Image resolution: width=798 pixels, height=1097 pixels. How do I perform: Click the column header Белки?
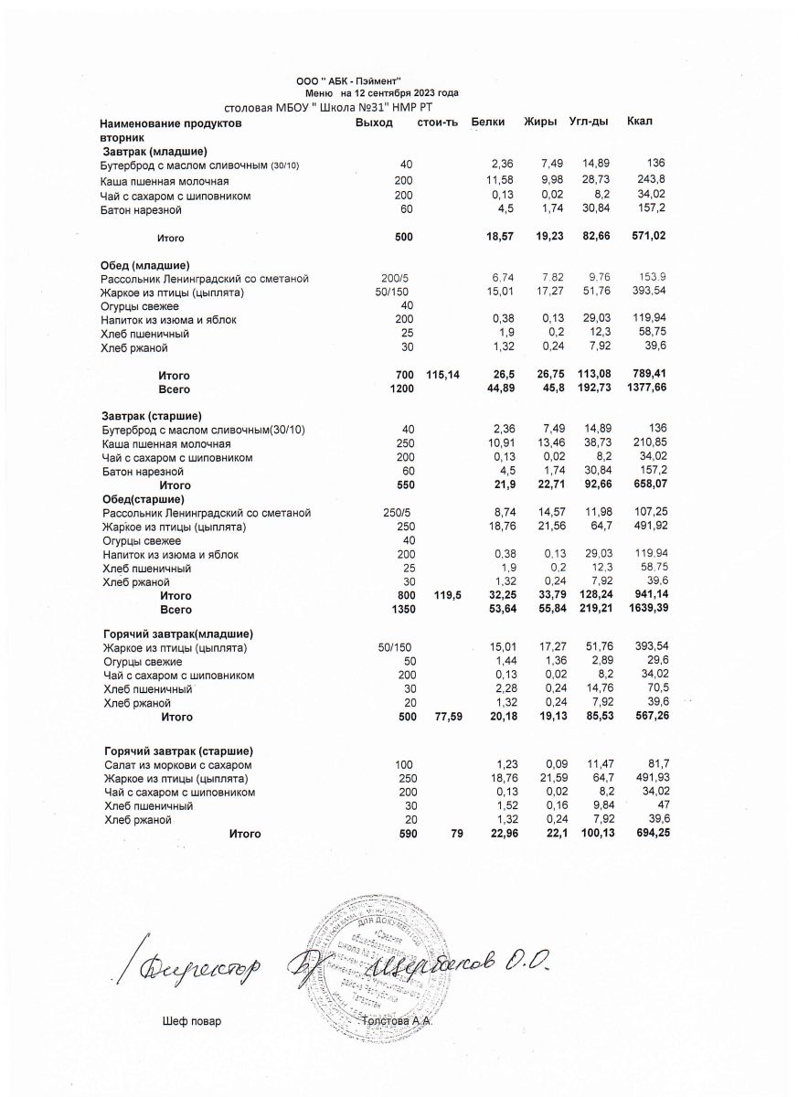(x=488, y=122)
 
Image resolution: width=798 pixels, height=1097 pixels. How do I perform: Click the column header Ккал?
(x=641, y=122)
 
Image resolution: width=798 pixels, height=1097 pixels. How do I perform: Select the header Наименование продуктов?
(x=171, y=122)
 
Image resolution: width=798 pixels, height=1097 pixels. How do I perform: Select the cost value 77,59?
(x=444, y=718)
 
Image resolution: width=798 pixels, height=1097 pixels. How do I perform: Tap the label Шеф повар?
(x=191, y=1021)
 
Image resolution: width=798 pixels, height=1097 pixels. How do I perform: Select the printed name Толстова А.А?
(x=397, y=1021)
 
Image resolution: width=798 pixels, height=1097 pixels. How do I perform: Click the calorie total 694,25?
(x=647, y=834)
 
